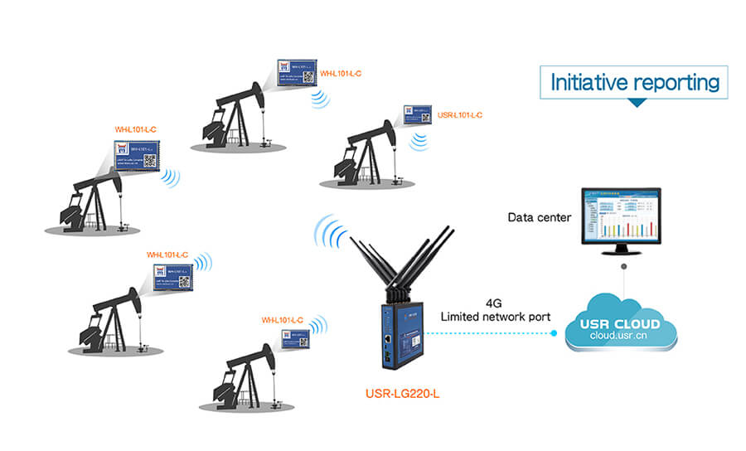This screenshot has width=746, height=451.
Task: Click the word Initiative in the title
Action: [589, 83]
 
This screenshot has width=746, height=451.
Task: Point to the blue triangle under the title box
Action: [636, 103]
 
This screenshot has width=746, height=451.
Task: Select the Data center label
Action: [539, 217]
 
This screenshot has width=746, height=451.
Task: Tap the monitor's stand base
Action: [622, 255]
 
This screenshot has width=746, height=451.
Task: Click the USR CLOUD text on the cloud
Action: [620, 323]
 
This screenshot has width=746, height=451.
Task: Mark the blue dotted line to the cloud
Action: [489, 333]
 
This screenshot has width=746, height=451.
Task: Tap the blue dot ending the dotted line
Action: [555, 333]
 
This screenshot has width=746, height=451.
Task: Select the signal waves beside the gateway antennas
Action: [329, 234]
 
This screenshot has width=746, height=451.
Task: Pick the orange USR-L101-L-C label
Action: [459, 115]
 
